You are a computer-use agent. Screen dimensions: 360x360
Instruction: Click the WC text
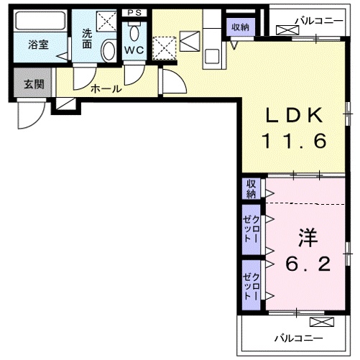[134, 50]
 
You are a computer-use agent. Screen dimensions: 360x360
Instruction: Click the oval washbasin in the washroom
[109, 51]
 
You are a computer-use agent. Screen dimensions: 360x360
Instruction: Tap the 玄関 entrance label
[33, 84]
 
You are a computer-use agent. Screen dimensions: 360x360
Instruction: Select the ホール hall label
[105, 88]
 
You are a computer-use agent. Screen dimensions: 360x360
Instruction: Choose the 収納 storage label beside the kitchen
[239, 27]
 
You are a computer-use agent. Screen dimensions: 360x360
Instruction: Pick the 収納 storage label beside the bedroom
[251, 190]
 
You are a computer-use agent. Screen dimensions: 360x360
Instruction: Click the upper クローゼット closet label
[251, 228]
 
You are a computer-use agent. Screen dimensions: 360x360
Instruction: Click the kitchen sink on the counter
[212, 55]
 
